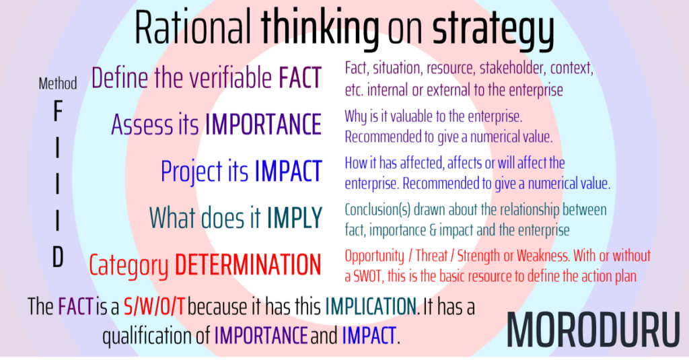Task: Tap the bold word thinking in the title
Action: click(320, 28)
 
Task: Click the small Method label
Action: click(58, 83)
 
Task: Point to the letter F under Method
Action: click(58, 112)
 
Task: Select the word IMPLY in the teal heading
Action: click(295, 217)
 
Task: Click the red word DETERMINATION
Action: click(248, 264)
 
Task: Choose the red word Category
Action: click(129, 265)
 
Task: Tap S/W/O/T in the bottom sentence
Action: click(155, 308)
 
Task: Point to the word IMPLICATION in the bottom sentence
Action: click(369, 308)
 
